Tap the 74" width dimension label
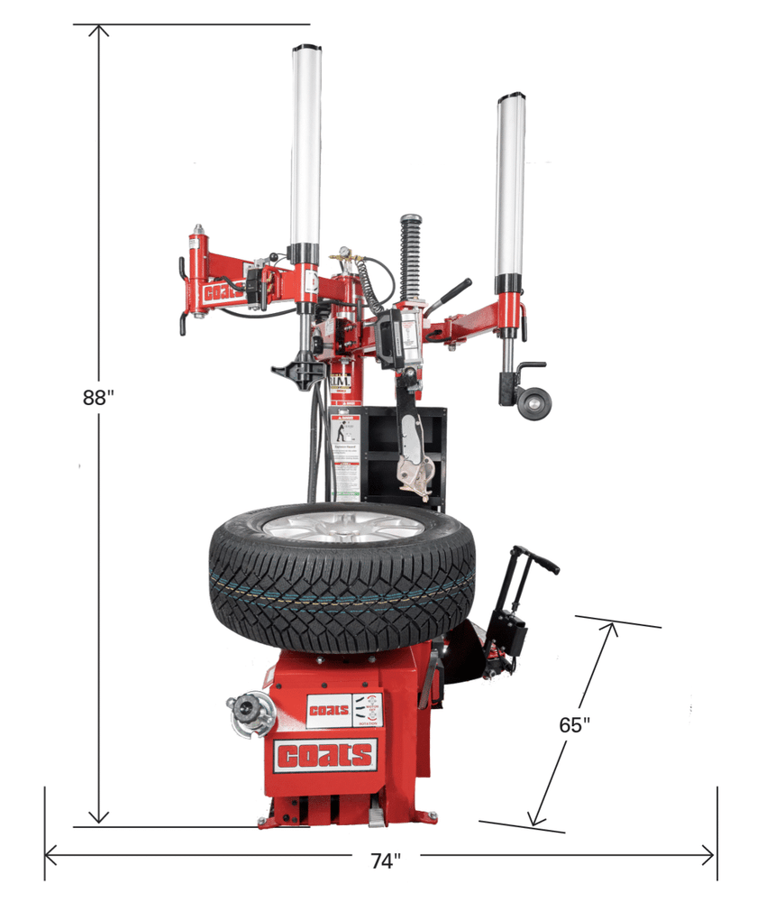pyautogui.click(x=385, y=861)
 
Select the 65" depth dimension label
pyautogui.click(x=574, y=724)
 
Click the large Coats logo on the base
pyautogui.click(x=324, y=756)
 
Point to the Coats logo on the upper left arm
pyautogui.click(x=222, y=293)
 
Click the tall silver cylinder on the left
pyautogui.click(x=305, y=144)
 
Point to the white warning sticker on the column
pyautogui.click(x=344, y=451)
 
